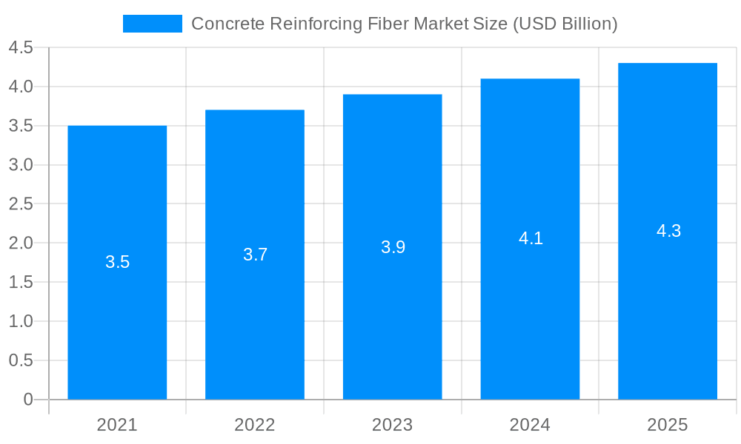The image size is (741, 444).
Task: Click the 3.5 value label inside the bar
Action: [x=117, y=262]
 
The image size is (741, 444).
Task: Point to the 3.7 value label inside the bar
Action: [x=255, y=255]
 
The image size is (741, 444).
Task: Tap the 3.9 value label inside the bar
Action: [x=393, y=247]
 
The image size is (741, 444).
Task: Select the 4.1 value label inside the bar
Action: [x=531, y=238]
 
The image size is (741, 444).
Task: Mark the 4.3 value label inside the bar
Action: [x=668, y=231]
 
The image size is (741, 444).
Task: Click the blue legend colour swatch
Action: [x=152, y=24]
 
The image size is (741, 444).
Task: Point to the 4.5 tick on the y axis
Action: [x=21, y=48]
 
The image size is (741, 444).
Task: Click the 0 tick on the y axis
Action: [x=28, y=400]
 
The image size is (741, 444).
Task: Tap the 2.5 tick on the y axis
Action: [x=21, y=204]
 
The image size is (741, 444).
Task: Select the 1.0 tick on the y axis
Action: [x=21, y=321]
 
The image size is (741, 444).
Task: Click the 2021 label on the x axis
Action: [x=117, y=425]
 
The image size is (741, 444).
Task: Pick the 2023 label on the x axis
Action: [x=393, y=425]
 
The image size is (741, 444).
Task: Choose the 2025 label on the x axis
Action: [x=668, y=425]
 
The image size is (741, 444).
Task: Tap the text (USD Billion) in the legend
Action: [x=565, y=24]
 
